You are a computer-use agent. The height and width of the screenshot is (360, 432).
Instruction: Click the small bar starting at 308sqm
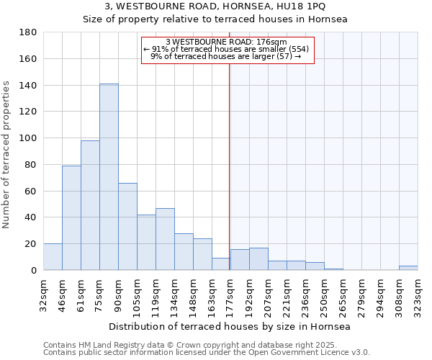pyautogui.click(x=408, y=268)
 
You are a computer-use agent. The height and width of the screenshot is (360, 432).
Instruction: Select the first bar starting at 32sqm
pyautogui.click(x=53, y=257)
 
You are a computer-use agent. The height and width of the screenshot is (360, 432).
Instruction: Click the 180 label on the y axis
pyautogui.click(x=28, y=32)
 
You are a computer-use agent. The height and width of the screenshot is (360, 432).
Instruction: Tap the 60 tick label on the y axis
pyautogui.click(x=31, y=192)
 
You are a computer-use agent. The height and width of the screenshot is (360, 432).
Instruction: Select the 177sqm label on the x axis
pyautogui.click(x=230, y=293)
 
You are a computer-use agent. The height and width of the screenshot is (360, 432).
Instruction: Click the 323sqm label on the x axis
pyautogui.click(x=417, y=293)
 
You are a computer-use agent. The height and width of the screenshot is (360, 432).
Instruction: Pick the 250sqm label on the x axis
pyautogui.click(x=323, y=293)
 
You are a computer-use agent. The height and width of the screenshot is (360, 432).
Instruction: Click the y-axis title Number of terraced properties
pyautogui.click(x=7, y=155)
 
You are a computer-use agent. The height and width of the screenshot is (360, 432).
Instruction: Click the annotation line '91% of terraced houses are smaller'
pyautogui.click(x=228, y=49)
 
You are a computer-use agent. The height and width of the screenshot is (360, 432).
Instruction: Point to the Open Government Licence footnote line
pyautogui.click(x=207, y=353)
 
